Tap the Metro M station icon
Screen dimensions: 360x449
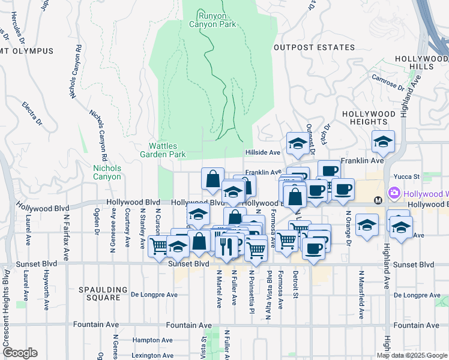click(x=378, y=200)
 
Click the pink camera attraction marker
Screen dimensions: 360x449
click(x=394, y=194)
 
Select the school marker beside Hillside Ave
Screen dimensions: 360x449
click(x=297, y=143)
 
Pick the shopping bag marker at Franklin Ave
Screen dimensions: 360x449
click(x=212, y=178)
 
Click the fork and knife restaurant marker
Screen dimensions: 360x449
click(x=226, y=247)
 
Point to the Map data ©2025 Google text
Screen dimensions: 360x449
click(x=412, y=355)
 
